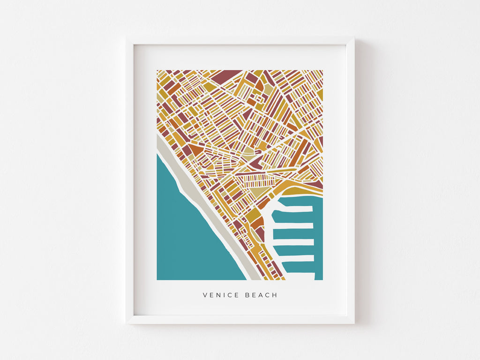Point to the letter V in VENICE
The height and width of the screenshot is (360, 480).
point(205,295)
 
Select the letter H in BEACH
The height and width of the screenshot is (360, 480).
point(275,295)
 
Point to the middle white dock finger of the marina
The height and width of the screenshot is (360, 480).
point(294,242)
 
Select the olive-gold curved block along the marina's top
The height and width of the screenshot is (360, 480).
point(295,190)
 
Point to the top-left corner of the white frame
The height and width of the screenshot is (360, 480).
point(127,38)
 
